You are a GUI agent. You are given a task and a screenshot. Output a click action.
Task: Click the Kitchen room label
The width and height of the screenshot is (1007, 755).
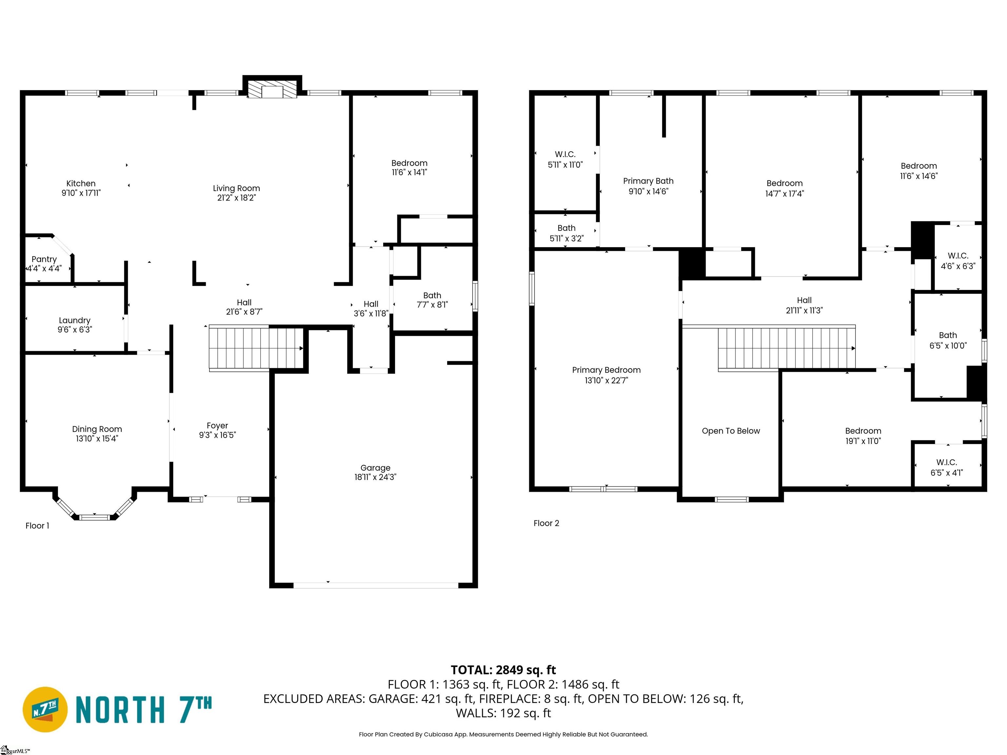click(x=81, y=184)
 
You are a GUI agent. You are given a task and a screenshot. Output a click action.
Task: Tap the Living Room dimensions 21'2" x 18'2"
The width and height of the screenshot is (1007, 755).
click(x=236, y=198)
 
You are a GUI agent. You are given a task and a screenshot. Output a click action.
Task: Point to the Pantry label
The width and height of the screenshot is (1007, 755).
click(x=44, y=259)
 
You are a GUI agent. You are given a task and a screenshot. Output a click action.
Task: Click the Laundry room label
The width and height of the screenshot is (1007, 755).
click(x=75, y=320)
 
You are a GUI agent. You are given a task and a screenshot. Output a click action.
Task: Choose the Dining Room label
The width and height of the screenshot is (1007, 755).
click(x=97, y=429)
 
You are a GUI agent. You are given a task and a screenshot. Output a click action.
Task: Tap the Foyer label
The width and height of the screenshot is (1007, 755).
click(x=217, y=426)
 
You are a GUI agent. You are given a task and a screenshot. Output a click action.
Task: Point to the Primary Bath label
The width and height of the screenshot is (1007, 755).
click(x=648, y=181)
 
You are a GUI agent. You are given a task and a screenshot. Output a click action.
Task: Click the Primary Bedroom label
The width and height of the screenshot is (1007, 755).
click(x=606, y=370)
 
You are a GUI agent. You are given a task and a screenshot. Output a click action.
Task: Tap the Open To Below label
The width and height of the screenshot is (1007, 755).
click(x=731, y=431)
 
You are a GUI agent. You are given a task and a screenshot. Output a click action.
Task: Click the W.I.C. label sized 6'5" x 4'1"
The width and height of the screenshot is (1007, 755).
click(x=947, y=462)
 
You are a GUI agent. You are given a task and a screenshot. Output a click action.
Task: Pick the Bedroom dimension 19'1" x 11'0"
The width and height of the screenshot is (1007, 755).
click(x=863, y=441)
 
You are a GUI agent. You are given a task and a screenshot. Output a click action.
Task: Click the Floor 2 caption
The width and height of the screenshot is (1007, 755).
click(x=546, y=523)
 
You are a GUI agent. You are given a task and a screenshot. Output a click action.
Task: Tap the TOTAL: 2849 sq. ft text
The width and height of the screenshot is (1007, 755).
click(x=503, y=670)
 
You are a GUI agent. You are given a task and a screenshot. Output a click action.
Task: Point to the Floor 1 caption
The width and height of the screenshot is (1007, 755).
click(x=37, y=526)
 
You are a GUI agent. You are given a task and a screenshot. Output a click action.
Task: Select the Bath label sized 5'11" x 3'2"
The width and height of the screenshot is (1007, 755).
click(x=566, y=228)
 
